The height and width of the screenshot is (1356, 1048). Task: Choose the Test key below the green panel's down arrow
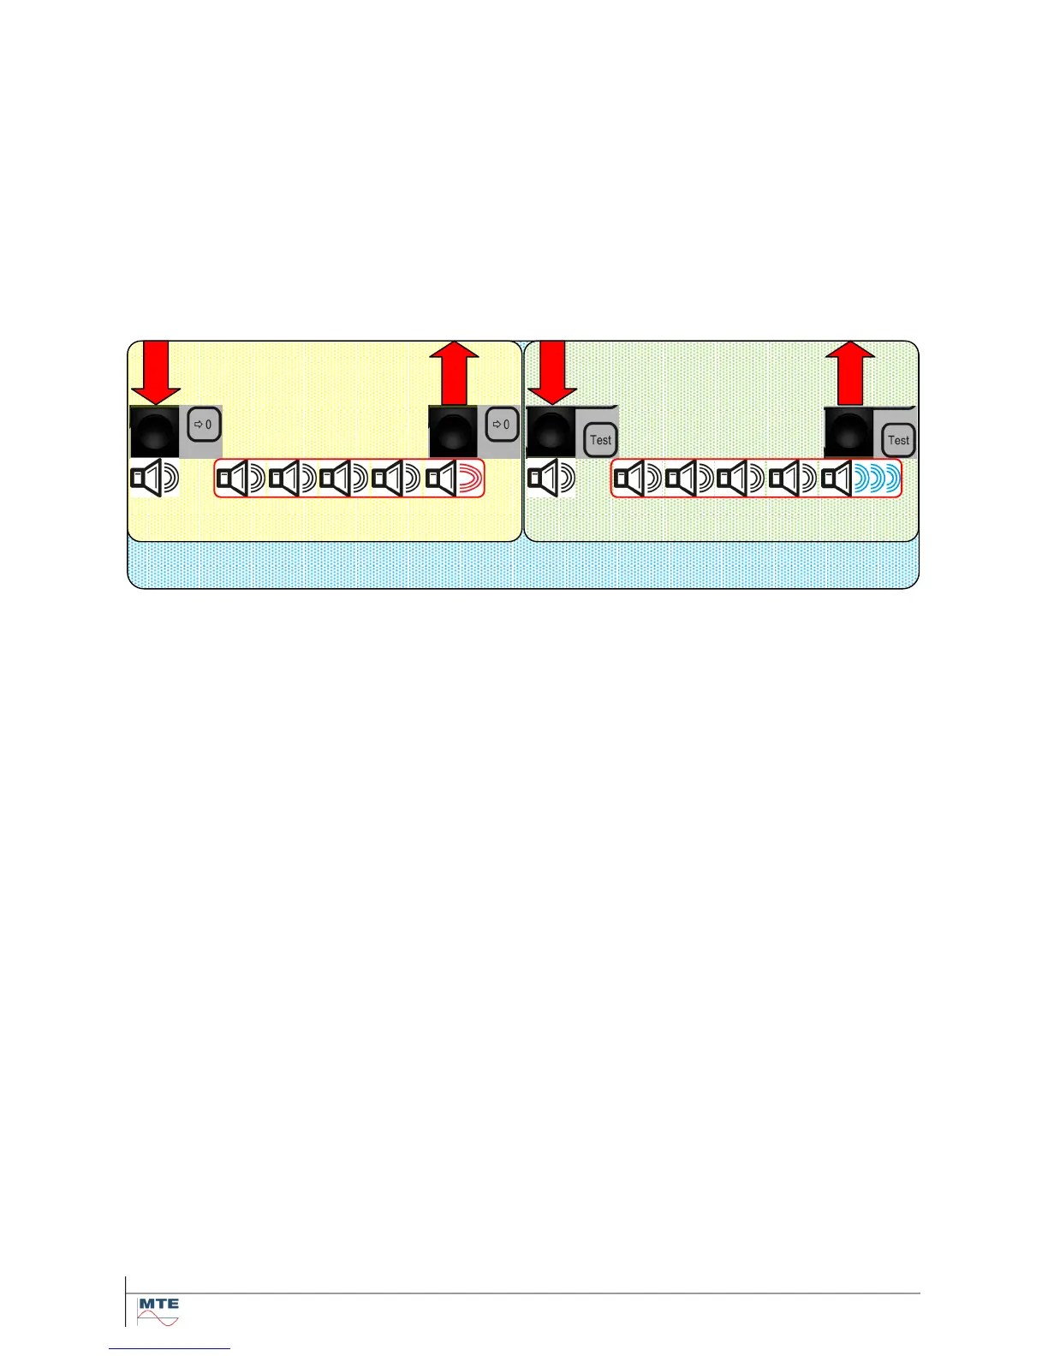pos(600,440)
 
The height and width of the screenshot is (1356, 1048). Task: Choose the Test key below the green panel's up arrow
pos(898,440)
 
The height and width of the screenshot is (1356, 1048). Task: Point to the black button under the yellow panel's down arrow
pos(155,432)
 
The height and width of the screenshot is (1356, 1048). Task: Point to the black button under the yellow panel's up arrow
pos(453,432)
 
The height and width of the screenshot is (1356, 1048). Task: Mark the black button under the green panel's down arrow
pos(551,432)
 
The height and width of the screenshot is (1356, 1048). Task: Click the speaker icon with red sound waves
pos(455,479)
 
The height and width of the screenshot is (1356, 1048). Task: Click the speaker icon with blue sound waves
pos(860,479)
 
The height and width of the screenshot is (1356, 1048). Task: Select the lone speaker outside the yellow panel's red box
pos(154,479)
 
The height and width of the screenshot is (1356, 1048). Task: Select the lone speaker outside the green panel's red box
pos(551,479)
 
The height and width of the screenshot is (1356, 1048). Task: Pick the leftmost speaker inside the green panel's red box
pos(638,479)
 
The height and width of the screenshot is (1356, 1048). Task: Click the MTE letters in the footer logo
pos(158,1304)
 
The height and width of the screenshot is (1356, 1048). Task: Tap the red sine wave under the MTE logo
pos(158,1320)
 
